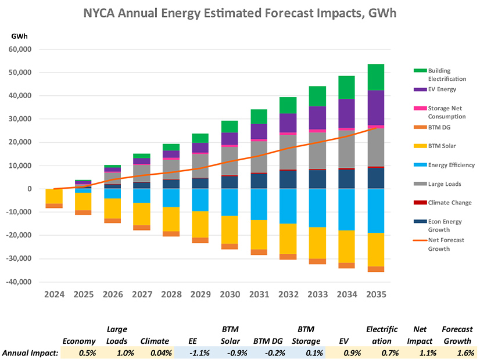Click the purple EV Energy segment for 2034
tap(348, 113)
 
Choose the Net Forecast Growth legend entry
tap(447, 244)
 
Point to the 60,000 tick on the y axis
tap(21, 49)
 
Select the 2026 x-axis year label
tap(112, 295)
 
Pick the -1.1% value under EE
tap(192, 352)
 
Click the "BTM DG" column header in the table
tap(268, 341)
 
